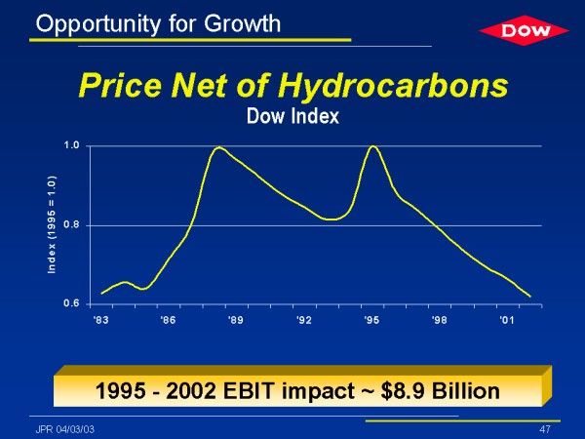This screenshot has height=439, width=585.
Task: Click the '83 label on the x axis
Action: (100, 319)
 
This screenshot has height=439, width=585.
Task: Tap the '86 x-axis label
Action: (169, 319)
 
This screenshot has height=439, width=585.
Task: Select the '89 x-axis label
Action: (236, 319)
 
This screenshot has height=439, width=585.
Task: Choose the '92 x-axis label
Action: (304, 319)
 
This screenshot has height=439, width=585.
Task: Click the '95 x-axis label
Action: (371, 319)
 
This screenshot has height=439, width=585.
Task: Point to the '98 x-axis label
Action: (439, 319)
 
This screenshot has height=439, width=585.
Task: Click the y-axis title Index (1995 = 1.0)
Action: (51, 224)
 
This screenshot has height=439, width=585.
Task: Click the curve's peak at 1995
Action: (372, 146)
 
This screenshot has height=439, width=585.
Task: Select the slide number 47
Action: (545, 429)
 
